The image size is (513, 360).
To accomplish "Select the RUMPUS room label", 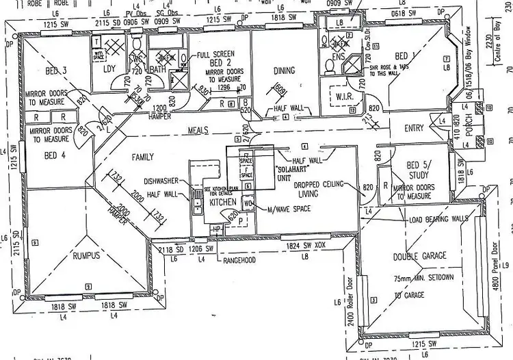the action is click(87, 255).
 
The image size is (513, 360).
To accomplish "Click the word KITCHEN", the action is click(223, 203).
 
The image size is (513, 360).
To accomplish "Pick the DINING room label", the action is click(284, 70).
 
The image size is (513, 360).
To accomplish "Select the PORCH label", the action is click(469, 131).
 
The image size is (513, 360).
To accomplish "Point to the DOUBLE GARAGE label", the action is click(420, 256).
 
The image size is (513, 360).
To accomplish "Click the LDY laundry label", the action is click(109, 69).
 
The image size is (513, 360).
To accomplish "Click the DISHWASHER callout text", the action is click(162, 181).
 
